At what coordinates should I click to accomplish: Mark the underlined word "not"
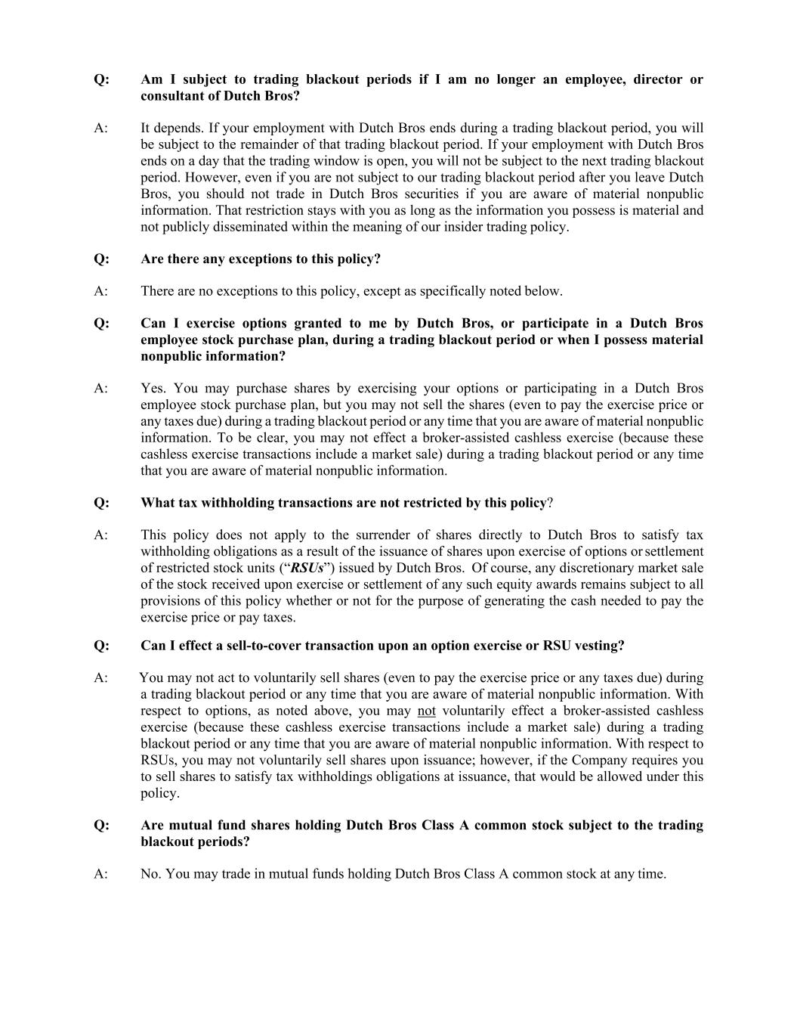click(427, 711)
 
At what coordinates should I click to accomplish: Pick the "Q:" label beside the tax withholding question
click(102, 503)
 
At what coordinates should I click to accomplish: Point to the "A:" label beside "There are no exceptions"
click(101, 291)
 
